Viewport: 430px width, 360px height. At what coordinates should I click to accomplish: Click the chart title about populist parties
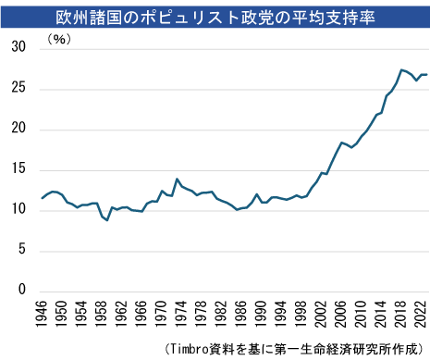click(215, 15)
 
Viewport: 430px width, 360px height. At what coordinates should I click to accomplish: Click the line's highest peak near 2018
click(401, 69)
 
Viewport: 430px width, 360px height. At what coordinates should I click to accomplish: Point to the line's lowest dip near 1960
click(107, 220)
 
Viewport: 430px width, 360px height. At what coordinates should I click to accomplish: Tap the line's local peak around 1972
click(177, 180)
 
